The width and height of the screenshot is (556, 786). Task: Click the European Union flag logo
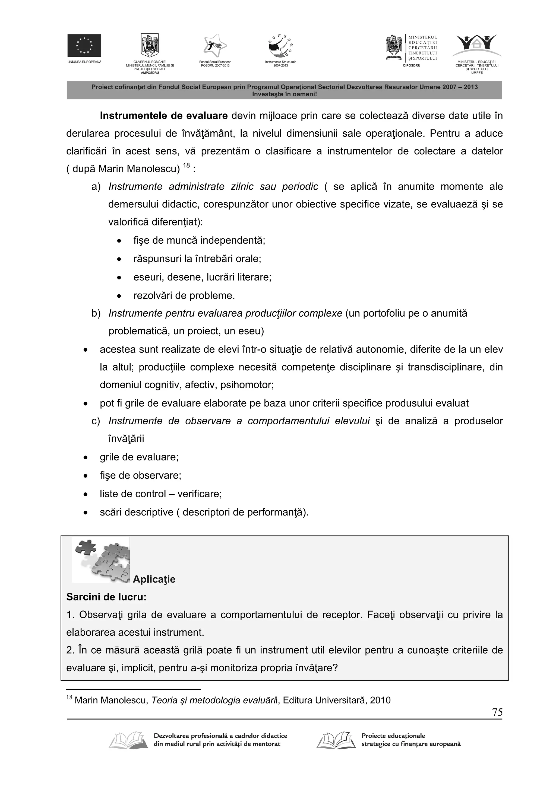(x=84, y=46)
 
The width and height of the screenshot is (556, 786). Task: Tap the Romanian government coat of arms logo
(x=150, y=45)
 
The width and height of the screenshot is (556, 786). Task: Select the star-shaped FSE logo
(x=215, y=46)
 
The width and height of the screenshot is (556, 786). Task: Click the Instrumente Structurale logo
(x=280, y=46)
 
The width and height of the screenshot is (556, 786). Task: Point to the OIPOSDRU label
(x=411, y=65)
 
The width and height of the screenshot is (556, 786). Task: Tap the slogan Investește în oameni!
(x=284, y=94)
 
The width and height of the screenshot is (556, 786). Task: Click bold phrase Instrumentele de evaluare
(x=164, y=116)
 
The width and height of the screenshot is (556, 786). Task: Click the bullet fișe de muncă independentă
(x=199, y=240)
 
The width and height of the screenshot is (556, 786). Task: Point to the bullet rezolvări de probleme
(x=184, y=295)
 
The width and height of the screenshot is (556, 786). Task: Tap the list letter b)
(x=96, y=313)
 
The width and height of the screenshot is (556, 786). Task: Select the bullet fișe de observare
(x=140, y=475)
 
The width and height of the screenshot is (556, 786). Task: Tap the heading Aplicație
(x=154, y=579)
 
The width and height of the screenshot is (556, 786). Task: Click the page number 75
(x=497, y=712)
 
